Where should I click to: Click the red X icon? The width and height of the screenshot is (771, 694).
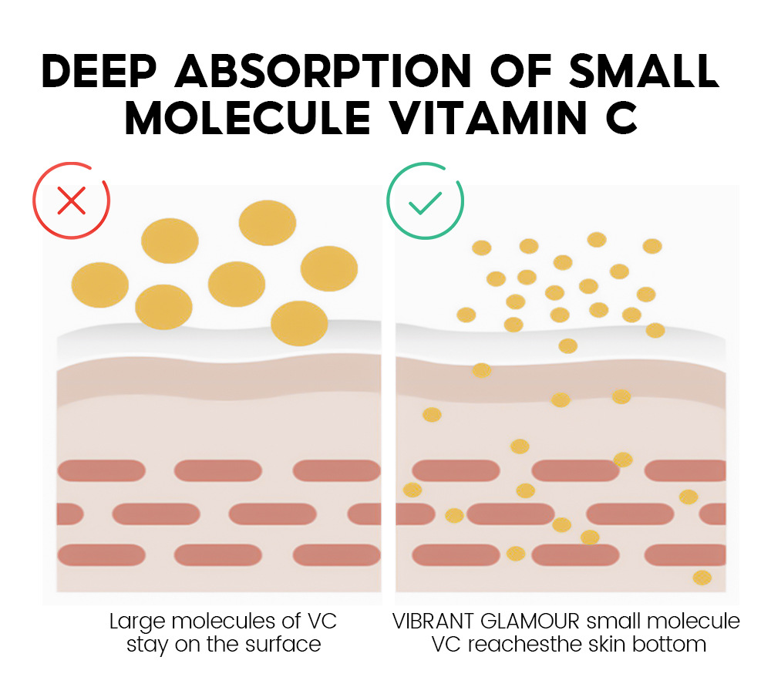(x=71, y=201)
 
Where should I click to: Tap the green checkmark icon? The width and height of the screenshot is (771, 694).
(x=425, y=201)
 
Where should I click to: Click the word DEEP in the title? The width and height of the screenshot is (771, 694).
(x=98, y=72)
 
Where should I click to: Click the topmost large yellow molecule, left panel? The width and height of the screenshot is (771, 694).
(x=268, y=222)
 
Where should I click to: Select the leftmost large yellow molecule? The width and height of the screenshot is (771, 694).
(x=100, y=285)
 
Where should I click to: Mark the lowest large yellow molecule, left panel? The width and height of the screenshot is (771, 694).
(x=299, y=323)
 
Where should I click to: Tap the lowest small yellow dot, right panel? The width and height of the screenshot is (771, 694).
(x=702, y=578)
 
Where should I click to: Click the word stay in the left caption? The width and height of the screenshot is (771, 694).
(x=146, y=645)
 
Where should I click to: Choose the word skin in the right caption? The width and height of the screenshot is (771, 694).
(x=612, y=645)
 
